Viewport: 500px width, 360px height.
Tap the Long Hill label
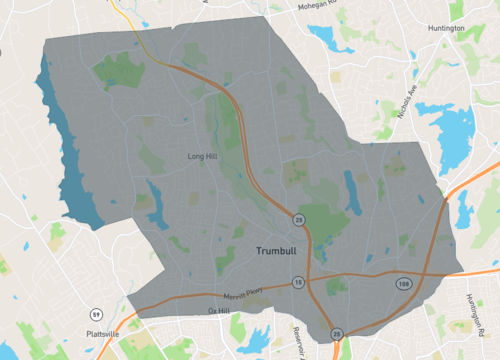pos(202,157)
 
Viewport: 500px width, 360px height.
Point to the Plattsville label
pos(103,333)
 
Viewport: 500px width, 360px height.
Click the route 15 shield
pos(298,284)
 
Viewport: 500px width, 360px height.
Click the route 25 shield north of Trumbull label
pos(298,219)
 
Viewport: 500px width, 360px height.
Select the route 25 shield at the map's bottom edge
pos(337,333)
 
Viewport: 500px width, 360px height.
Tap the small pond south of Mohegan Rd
pos(326,39)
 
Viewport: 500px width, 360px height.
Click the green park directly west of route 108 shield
pos(336,287)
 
